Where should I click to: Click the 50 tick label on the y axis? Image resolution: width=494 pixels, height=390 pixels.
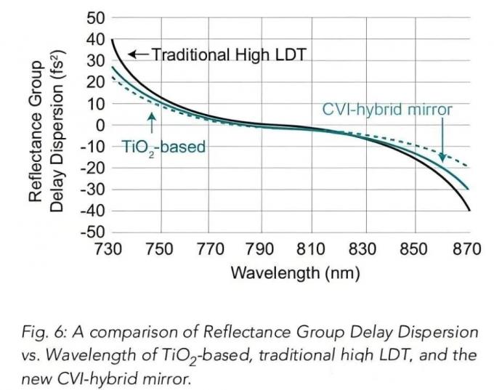pyautogui.click(x=96, y=17)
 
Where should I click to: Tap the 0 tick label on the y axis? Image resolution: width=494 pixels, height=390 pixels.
pyautogui.click(x=100, y=125)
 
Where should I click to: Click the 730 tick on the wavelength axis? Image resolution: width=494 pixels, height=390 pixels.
pyautogui.click(x=109, y=249)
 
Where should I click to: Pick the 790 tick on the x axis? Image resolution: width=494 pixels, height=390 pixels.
pyautogui.click(x=260, y=249)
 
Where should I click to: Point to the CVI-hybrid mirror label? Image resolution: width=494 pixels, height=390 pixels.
pyautogui.click(x=387, y=110)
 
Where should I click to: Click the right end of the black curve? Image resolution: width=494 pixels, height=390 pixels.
pyautogui.click(x=469, y=211)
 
